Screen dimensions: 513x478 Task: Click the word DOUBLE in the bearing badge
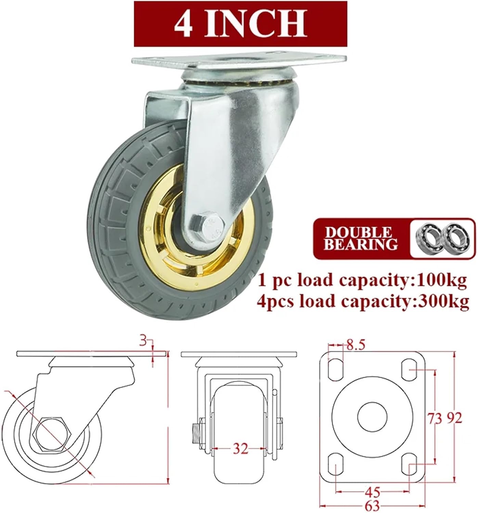pos(358,233)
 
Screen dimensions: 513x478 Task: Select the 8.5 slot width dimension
pos(355,345)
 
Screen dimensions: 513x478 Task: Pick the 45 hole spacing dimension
pos(372,492)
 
